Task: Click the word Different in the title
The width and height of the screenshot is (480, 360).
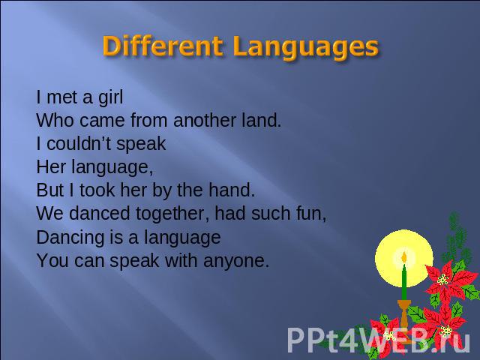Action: coord(163,46)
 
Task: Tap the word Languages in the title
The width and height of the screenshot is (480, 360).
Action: coord(305,47)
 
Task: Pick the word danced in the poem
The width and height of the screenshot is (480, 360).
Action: coord(100,213)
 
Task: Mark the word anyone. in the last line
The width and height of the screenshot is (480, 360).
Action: coord(236,262)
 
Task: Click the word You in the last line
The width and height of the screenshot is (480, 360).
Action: coord(52,260)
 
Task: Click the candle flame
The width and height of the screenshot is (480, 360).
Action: coord(403,257)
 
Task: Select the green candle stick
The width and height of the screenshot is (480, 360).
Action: coord(404,283)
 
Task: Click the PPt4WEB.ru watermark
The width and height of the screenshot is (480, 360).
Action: coord(378,340)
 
